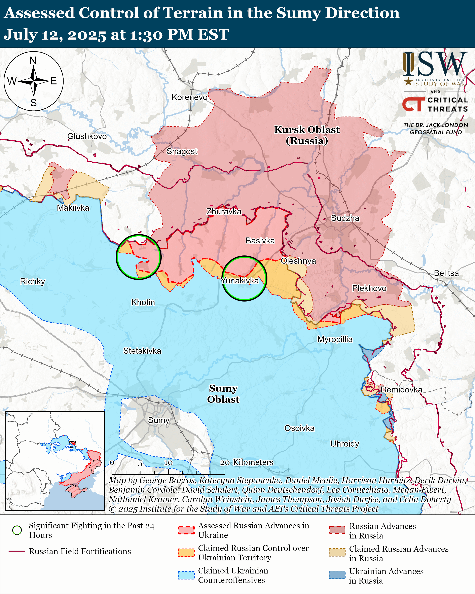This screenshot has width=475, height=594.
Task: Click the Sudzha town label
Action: pyautogui.click(x=345, y=218)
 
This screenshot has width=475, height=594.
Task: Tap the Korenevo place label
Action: pyautogui.click(x=189, y=97)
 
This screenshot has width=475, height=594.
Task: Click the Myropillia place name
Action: pyautogui.click(x=335, y=339)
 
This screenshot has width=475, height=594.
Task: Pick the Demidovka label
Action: pyautogui.click(x=401, y=390)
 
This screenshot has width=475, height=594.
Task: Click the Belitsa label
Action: pyautogui.click(x=446, y=273)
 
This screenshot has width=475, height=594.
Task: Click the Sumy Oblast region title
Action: pyautogui.click(x=223, y=394)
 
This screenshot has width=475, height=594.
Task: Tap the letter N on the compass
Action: pyautogui.click(x=33, y=60)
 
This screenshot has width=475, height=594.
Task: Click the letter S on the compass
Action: pyautogui.click(x=33, y=103)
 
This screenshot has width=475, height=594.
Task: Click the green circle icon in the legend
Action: pyautogui.click(x=17, y=530)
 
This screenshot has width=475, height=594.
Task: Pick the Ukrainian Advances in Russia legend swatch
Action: pyautogui.click(x=337, y=575)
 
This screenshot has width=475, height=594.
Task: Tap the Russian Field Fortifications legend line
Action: pyautogui.click(x=17, y=551)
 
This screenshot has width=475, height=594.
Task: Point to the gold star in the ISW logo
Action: pyautogui.click(x=408, y=81)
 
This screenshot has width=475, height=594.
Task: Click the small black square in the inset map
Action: pyautogui.click(x=73, y=444)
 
